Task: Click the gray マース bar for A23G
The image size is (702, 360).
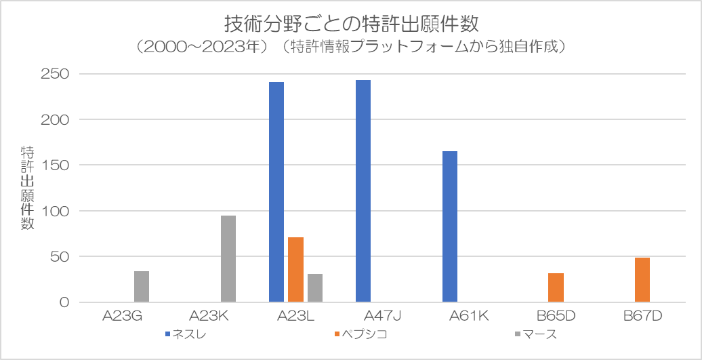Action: [x=142, y=287]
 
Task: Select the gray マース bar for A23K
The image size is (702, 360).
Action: [x=228, y=259]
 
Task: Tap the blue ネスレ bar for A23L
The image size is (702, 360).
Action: [x=276, y=192]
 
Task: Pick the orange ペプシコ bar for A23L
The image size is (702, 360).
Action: [x=296, y=270]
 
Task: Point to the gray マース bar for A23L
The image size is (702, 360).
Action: [x=315, y=288]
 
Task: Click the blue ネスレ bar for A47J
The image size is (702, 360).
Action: [x=363, y=191]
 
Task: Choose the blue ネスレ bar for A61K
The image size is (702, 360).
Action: [x=450, y=226]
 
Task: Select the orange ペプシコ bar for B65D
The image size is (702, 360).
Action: [x=556, y=287]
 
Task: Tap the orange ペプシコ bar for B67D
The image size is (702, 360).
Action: [x=642, y=280]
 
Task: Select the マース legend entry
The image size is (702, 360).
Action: [x=537, y=334]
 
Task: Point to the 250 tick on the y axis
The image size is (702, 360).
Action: [x=55, y=74]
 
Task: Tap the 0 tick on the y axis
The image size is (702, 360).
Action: [x=64, y=302]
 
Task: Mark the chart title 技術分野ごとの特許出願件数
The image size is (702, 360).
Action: [x=352, y=24]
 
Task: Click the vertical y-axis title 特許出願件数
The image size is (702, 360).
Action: [x=27, y=188]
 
